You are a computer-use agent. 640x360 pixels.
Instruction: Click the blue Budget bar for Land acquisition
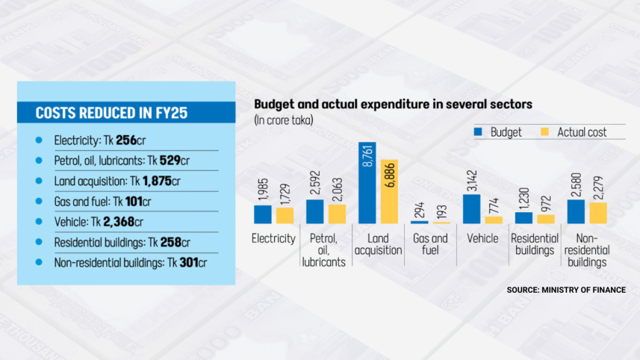click(x=367, y=183)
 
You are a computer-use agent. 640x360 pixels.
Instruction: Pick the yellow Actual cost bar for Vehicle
click(x=494, y=220)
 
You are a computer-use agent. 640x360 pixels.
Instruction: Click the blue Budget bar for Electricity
click(x=262, y=214)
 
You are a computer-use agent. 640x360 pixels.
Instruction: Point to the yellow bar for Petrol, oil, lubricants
click(x=337, y=214)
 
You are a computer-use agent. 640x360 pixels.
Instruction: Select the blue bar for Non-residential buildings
click(x=576, y=211)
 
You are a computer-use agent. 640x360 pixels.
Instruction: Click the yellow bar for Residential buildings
click(x=546, y=219)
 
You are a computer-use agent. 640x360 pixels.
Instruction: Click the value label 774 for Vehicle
click(x=494, y=203)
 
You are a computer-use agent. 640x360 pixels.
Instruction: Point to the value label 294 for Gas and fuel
click(x=419, y=210)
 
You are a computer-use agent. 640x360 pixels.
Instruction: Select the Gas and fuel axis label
click(x=430, y=243)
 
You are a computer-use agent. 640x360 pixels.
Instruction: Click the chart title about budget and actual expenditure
click(x=393, y=105)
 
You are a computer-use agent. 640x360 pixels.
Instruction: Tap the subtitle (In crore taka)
click(x=283, y=120)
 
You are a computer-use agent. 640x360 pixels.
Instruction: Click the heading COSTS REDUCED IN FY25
click(x=111, y=114)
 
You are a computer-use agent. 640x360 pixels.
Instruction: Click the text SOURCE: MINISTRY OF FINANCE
click(x=565, y=289)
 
